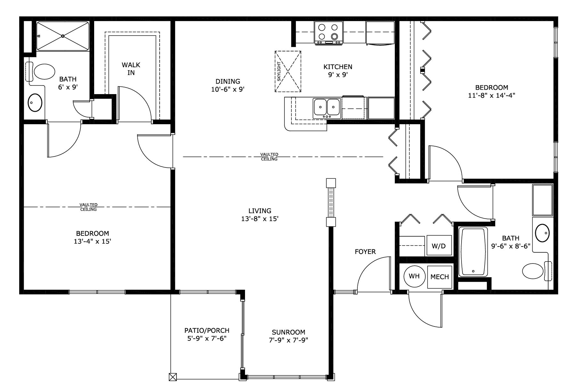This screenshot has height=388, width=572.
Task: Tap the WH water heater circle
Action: click(x=414, y=276)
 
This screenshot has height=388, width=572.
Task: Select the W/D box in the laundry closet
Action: click(x=439, y=246)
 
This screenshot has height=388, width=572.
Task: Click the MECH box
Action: click(x=439, y=277)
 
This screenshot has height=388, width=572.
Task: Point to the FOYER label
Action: click(x=365, y=252)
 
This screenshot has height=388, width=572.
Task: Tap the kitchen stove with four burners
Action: click(x=329, y=33)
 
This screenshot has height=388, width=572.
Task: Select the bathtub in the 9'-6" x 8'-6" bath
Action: click(x=473, y=252)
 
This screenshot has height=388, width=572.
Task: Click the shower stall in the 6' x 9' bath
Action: click(x=63, y=36)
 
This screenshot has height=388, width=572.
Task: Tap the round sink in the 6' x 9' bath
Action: click(x=35, y=102)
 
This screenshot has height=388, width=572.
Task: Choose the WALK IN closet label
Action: click(x=131, y=69)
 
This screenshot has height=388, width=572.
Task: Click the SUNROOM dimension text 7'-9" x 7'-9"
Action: click(x=289, y=340)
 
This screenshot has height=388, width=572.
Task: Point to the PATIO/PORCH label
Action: click(x=207, y=330)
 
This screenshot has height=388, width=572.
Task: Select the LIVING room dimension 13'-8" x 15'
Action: click(x=260, y=219)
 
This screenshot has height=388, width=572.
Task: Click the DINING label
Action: click(x=228, y=81)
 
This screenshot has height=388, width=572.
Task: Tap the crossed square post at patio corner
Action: click(x=173, y=377)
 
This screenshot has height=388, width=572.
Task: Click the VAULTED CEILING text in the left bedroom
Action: click(x=88, y=207)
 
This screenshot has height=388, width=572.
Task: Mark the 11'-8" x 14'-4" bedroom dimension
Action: click(x=492, y=95)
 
